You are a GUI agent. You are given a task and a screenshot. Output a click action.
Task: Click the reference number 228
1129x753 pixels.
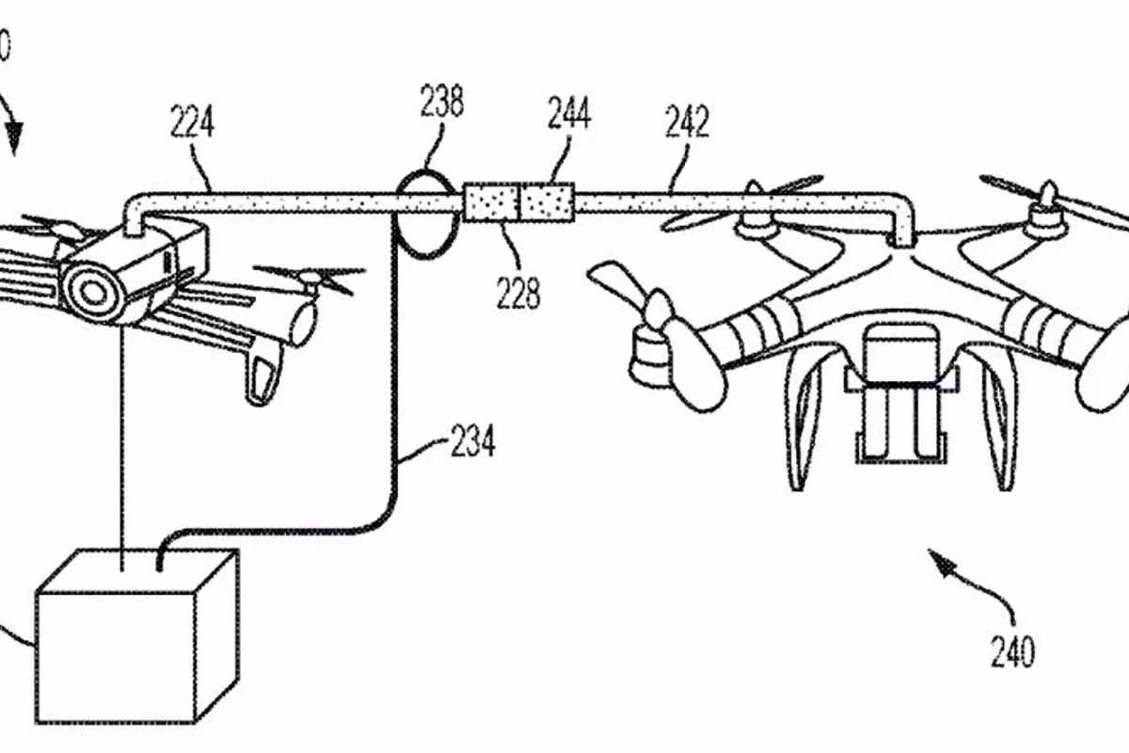[x=519, y=293]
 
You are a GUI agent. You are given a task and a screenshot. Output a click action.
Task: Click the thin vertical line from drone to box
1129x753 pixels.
[x=123, y=442]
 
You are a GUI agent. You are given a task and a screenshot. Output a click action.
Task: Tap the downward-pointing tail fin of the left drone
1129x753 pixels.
[x=263, y=376]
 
